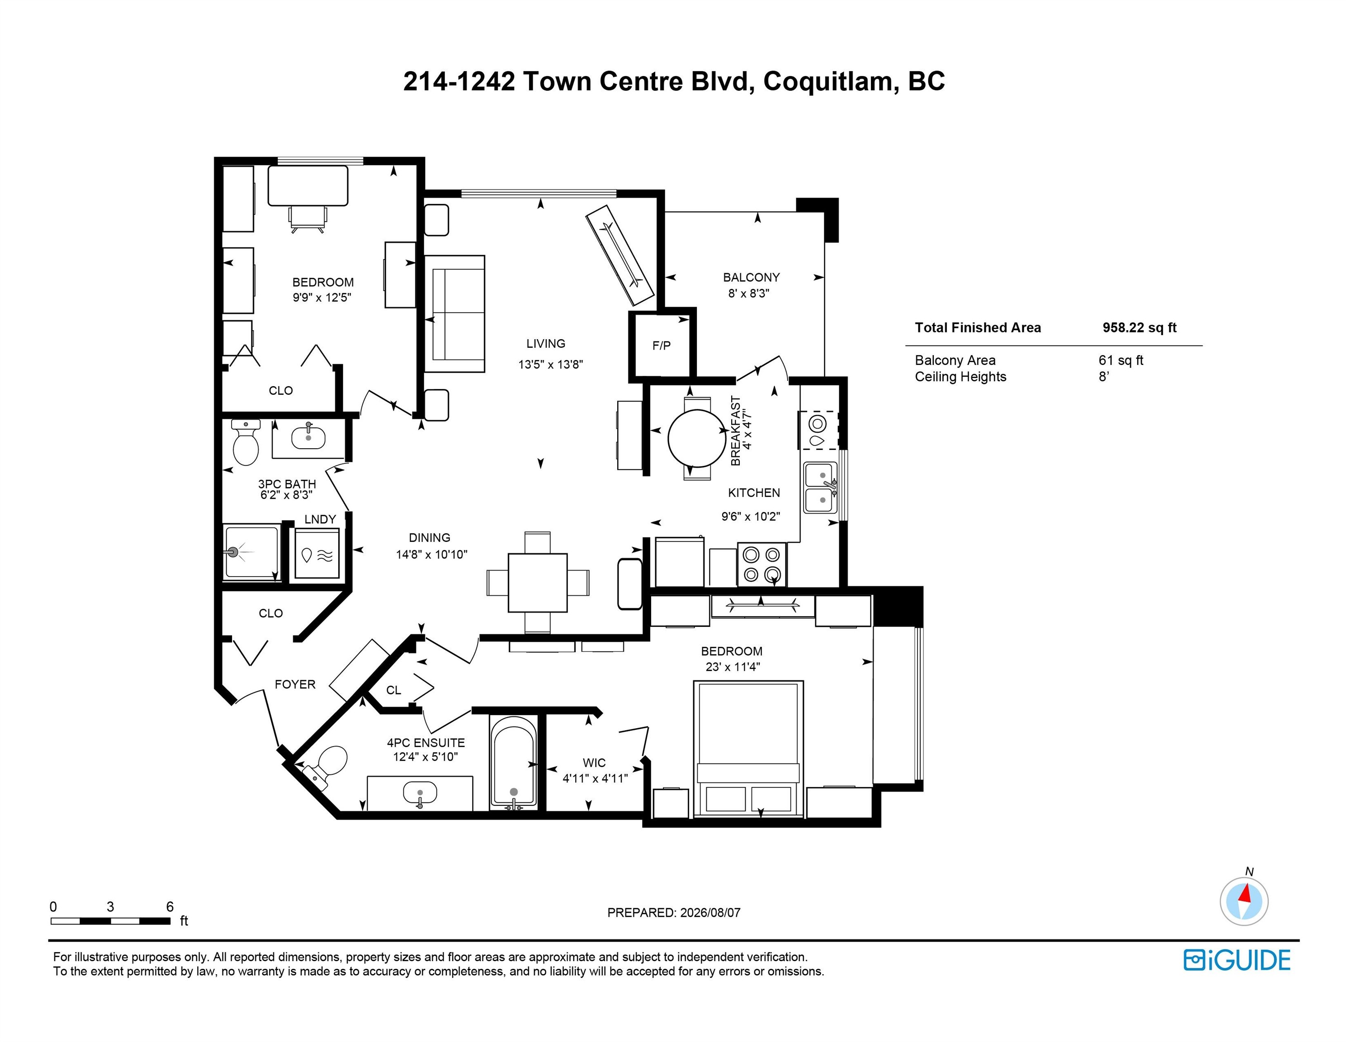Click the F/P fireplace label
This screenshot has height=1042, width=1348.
coord(661,346)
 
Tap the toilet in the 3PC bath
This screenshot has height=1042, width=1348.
coord(246,442)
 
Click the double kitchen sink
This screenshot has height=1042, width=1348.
coord(820,488)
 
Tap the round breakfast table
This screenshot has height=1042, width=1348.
coord(697,438)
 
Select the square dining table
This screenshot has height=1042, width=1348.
coord(538,583)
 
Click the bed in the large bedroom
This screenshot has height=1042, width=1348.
coord(749,749)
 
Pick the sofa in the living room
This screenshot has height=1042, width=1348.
coord(455,313)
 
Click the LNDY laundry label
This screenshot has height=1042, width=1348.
coord(320,519)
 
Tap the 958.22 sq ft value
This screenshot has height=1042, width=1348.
coord(1140,328)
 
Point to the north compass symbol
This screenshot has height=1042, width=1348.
coord(1244,901)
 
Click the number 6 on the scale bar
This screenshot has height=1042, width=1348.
coord(170,906)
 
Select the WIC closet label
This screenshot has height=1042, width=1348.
coord(594,763)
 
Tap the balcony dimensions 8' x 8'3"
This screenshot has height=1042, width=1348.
coord(749,293)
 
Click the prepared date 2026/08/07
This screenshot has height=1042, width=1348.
coord(710,912)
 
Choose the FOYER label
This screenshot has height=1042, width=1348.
coord(295,684)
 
